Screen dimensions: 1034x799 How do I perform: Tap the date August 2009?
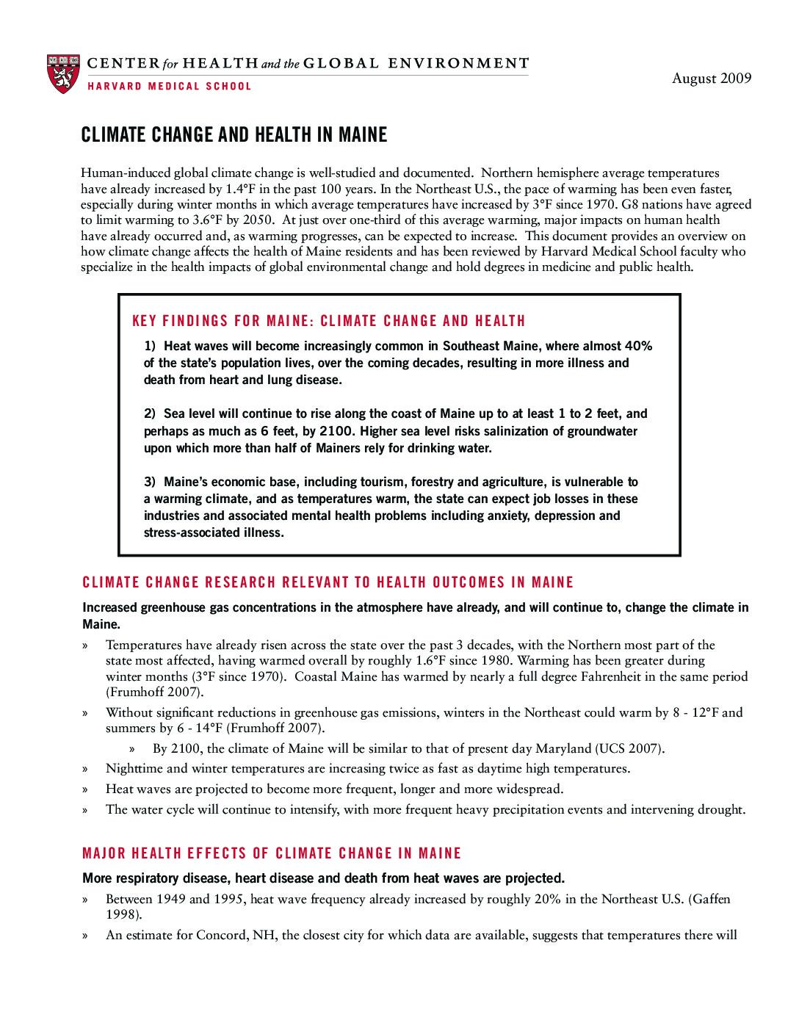pyautogui.click(x=712, y=79)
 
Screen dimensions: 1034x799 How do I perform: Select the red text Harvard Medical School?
pyautogui.click(x=170, y=87)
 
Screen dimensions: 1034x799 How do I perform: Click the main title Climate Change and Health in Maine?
pyautogui.click(x=234, y=135)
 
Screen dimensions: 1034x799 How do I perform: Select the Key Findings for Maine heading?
pyautogui.click(x=328, y=321)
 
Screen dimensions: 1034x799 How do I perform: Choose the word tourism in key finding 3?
pyautogui.click(x=382, y=482)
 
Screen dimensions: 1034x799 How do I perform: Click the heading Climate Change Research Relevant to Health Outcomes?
pyautogui.click(x=328, y=583)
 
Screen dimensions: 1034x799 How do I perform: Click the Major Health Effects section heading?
pyautogui.click(x=272, y=853)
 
